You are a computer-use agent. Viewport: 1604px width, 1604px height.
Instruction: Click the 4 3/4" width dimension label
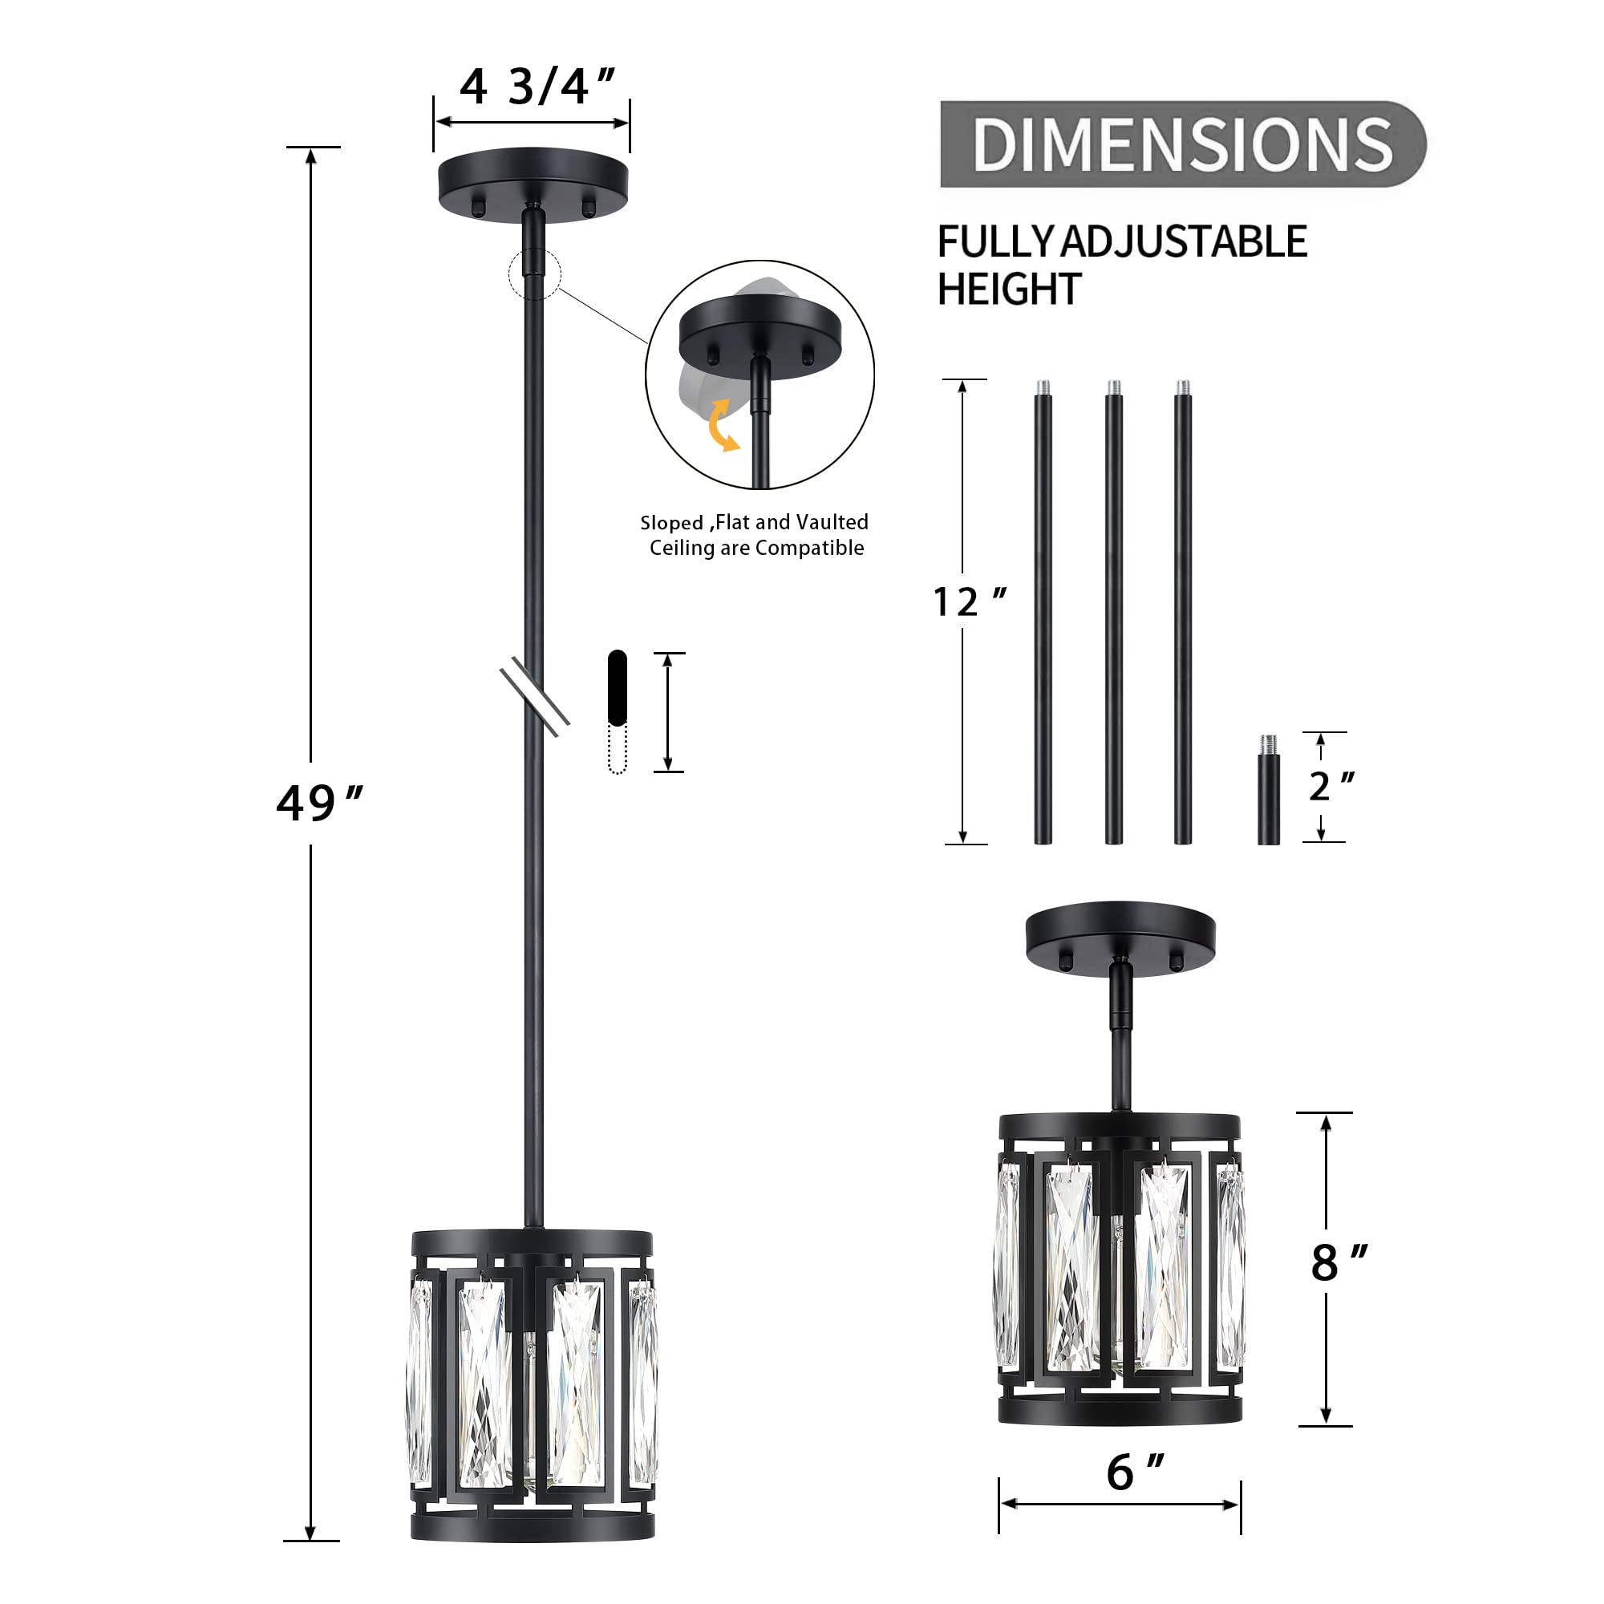[536, 87]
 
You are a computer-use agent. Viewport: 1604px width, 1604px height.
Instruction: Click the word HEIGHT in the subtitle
[1008, 290]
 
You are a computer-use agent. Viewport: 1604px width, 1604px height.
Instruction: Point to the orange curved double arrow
[722, 425]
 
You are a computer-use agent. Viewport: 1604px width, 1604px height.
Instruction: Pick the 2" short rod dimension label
[1330, 785]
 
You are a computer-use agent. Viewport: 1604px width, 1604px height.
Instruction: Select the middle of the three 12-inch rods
[1113, 614]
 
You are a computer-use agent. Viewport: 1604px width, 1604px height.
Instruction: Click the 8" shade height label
[1338, 1263]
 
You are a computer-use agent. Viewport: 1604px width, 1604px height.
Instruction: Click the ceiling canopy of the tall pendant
[533, 184]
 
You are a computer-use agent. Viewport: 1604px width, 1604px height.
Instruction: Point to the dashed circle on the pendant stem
[535, 273]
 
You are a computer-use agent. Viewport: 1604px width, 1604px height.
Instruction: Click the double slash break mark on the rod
[535, 695]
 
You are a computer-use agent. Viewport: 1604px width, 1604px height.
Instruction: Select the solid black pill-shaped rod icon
[617, 687]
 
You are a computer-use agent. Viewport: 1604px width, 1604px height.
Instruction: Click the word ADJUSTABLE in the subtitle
[1184, 242]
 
